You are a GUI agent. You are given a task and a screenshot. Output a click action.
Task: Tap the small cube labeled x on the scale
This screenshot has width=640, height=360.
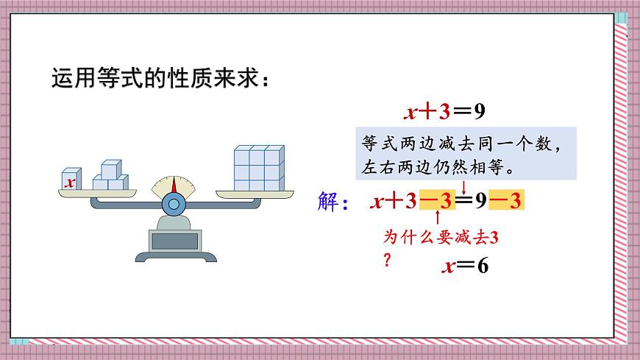pos(70,180)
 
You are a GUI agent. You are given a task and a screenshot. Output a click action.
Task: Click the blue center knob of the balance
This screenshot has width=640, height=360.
pos(174,203)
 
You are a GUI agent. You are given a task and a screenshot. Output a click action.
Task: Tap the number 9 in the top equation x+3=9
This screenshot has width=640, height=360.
pos(479,112)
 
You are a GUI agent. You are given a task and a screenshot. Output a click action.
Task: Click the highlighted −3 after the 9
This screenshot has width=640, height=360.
pos(508,200)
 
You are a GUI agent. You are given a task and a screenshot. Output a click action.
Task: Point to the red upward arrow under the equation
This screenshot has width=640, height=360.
pos(438,219)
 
